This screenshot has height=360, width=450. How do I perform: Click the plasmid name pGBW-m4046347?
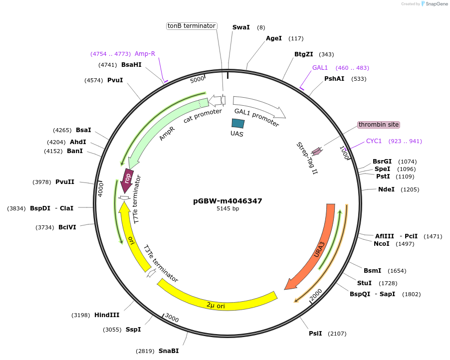pos(227,201)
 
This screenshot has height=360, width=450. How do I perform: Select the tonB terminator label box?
pos(192,26)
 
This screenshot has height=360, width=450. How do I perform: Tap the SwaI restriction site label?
pos(241,27)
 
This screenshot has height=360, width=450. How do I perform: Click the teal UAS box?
pos(238,123)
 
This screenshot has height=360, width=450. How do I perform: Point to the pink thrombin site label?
pos(379,125)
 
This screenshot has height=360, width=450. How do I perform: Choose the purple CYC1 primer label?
pos(374,141)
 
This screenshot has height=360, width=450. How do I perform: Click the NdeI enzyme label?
pos(386,189)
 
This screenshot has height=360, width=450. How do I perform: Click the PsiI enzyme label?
pos(315,333)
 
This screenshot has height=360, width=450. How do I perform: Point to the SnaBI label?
pos(169,351)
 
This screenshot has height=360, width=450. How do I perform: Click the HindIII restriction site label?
pos(107,315)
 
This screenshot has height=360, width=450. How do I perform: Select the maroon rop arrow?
pos(127,180)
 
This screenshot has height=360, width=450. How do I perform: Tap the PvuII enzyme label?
pos(65,182)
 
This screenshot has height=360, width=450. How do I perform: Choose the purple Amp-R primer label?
pos(145,54)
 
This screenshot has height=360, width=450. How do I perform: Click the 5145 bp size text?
pos(227,209)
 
